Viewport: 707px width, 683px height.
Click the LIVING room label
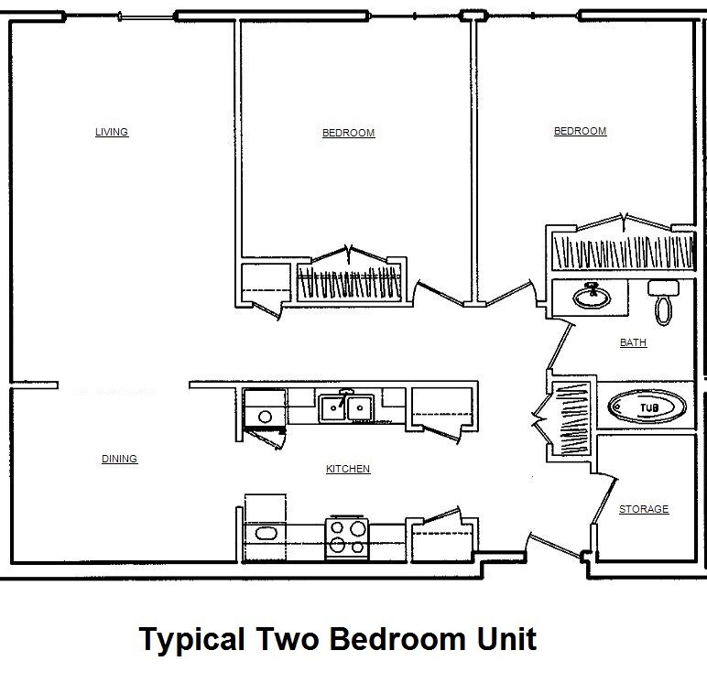tap(112, 132)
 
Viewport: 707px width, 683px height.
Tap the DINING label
tap(119, 459)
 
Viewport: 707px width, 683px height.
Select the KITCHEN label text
tap(348, 469)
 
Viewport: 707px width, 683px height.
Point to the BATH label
tap(633, 343)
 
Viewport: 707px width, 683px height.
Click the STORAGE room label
tap(644, 509)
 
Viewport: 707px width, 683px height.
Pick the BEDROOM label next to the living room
tap(348, 133)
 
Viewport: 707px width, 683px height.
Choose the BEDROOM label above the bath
tap(580, 131)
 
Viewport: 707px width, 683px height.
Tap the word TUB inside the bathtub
tap(648, 407)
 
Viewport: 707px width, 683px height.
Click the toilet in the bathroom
tap(662, 302)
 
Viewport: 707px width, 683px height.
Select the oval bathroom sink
tap(591, 296)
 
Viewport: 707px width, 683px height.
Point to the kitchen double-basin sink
tap(345, 407)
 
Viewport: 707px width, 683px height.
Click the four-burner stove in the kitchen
tap(347, 537)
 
